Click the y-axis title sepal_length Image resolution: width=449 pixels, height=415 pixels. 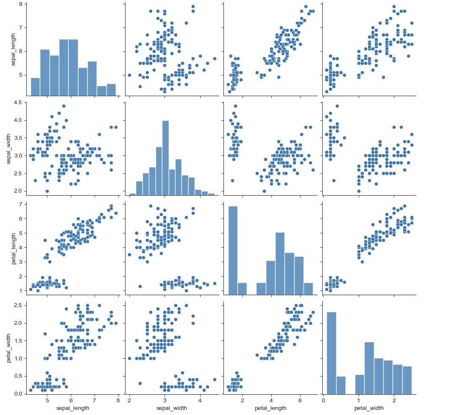[x=13, y=50]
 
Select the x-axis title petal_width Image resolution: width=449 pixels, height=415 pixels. [x=369, y=408]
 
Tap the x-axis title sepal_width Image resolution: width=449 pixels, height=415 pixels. [x=172, y=408]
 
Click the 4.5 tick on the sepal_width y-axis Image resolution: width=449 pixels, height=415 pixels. [x=18, y=102]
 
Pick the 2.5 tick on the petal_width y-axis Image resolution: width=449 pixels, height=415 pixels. [x=18, y=305]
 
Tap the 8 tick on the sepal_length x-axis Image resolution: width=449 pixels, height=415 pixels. [x=118, y=401]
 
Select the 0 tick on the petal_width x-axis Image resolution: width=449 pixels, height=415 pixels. [x=324, y=401]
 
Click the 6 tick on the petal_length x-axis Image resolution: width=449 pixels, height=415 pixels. [x=300, y=401]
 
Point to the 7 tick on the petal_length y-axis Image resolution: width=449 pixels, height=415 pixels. [x=21, y=204]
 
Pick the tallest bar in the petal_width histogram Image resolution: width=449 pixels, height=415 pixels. [x=331, y=353]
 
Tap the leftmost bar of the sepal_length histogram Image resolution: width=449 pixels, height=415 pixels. [x=35, y=87]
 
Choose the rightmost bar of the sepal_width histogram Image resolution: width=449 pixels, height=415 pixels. [x=211, y=194]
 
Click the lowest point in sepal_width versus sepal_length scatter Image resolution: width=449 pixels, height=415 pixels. [x=47, y=191]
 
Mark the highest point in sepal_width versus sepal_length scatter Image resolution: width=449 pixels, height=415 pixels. [x=64, y=106]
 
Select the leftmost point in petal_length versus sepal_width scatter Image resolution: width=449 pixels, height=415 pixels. [x=129, y=255]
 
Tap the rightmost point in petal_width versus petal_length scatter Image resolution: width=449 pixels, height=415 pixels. [x=313, y=313]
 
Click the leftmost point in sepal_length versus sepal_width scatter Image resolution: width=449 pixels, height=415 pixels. [x=129, y=75]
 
